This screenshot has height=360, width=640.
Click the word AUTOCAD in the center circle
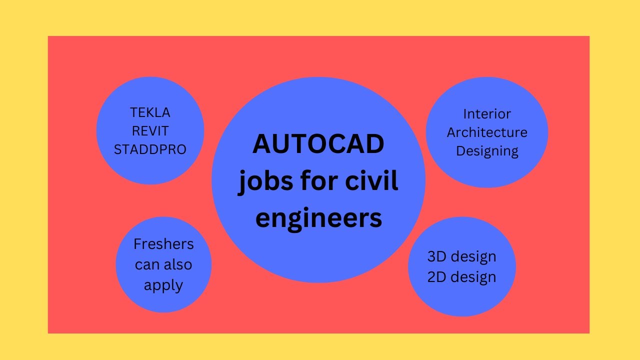318,144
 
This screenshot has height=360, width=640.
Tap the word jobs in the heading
260,181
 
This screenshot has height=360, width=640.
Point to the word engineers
318,217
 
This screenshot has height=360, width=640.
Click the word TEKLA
150,112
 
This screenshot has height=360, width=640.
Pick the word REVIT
150,131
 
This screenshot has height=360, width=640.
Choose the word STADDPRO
150,149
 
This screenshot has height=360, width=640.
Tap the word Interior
487,114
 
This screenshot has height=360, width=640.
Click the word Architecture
487,132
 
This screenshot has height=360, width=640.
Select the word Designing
487,151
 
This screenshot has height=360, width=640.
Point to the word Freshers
163,244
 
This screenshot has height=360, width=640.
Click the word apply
163,285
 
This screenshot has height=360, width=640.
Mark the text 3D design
461,256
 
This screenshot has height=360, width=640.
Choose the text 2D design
461,276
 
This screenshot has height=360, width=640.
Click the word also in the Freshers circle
177,264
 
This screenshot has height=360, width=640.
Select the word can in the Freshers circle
147,264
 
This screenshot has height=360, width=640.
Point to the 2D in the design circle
437,276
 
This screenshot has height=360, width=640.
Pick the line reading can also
163,264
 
